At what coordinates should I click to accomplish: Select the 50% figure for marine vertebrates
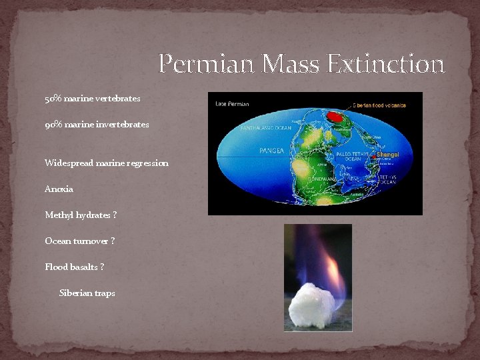pos(53,99)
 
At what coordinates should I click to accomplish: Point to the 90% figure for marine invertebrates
pos(53,125)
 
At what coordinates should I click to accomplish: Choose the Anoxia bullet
pos(59,189)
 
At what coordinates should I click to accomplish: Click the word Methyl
pos(59,215)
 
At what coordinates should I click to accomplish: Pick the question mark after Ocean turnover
pos(112,241)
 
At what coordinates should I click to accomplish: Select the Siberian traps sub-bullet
pos(87,293)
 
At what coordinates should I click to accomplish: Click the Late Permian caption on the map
pos(232,104)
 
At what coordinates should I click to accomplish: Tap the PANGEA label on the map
pos(272,151)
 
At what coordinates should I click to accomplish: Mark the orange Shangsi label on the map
pos(388,154)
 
